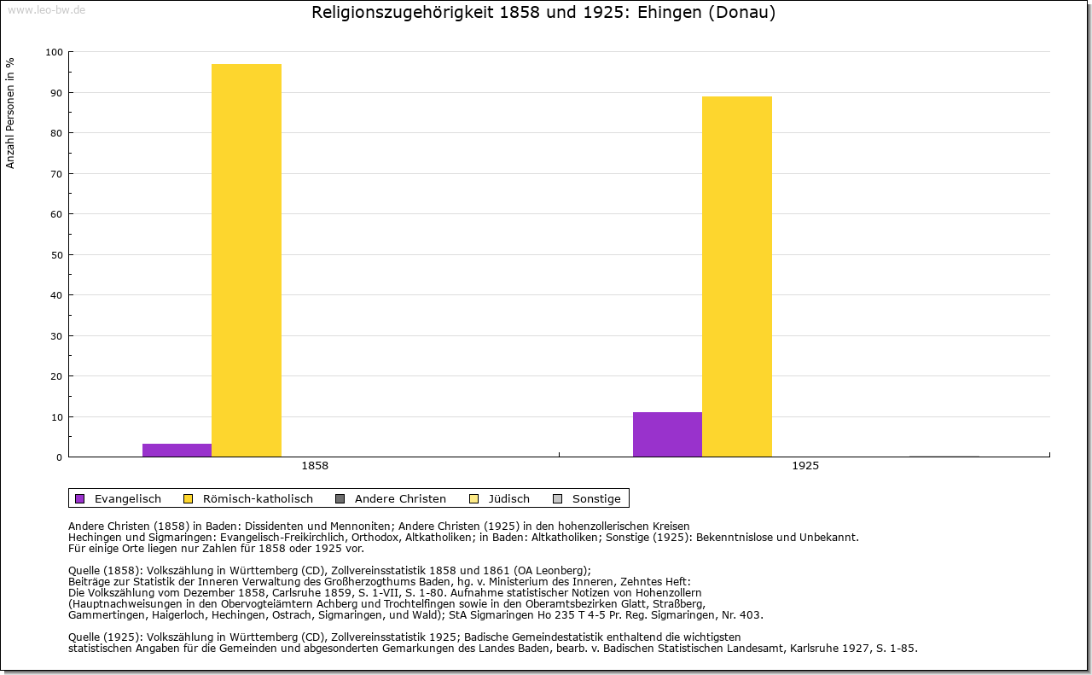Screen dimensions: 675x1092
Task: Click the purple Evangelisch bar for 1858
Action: pos(177,450)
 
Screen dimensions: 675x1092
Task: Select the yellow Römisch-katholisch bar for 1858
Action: pos(247,260)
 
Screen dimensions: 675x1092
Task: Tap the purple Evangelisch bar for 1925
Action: pos(667,434)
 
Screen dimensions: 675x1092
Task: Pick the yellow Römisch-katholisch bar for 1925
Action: pos(737,276)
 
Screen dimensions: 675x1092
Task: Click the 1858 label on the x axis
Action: pos(315,467)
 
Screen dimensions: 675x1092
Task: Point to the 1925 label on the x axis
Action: pos(805,467)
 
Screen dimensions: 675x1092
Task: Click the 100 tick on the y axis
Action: pos(55,52)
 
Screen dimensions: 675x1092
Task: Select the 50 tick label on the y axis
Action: pos(57,255)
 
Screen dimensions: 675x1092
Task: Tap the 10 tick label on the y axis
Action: pos(57,417)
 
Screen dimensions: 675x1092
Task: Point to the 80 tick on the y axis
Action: pos(57,133)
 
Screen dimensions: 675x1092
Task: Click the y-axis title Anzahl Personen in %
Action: pos(11,113)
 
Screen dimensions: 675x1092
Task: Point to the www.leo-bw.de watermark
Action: pos(45,9)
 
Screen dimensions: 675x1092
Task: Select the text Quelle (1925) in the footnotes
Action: pos(106,637)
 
